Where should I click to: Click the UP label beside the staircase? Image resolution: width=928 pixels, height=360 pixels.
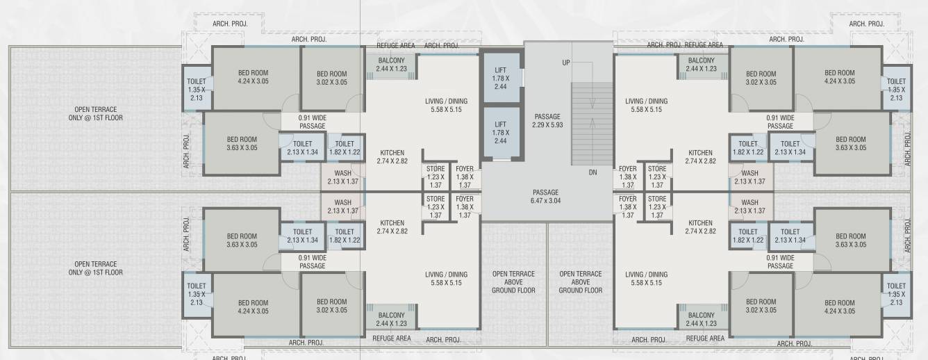(566, 63)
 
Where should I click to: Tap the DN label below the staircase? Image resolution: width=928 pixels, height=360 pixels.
(593, 172)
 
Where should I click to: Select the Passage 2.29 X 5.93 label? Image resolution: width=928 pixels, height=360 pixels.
(547, 121)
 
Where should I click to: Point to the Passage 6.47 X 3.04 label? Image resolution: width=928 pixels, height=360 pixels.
(545, 197)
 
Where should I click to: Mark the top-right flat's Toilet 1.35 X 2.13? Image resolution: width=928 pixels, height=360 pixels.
(896, 89)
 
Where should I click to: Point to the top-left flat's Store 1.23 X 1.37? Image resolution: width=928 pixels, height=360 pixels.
(436, 177)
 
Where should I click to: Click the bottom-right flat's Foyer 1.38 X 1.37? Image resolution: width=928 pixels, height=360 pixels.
(627, 207)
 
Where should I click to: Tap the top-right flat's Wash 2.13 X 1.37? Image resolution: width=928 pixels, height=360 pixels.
(749, 177)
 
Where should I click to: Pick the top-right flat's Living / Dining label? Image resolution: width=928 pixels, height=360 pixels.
(646, 105)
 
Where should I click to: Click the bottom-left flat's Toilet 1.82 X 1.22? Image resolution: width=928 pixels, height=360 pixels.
(345, 236)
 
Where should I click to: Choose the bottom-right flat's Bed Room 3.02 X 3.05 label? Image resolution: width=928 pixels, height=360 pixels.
(761, 306)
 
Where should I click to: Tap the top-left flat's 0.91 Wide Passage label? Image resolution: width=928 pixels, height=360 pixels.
(312, 122)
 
